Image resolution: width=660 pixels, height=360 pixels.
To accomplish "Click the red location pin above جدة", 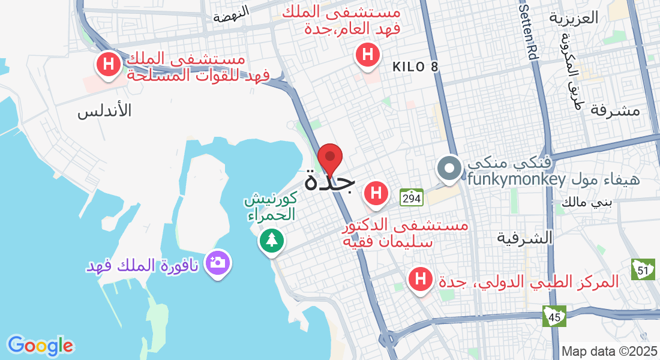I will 329,158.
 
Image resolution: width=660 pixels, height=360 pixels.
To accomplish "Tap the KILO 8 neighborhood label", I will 416,67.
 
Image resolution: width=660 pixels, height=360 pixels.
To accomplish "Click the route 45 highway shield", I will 554,316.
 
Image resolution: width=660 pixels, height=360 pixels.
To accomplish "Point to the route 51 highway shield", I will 643,270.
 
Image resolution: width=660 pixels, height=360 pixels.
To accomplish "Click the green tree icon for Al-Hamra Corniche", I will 272,240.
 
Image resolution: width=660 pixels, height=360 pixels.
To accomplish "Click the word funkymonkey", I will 517,179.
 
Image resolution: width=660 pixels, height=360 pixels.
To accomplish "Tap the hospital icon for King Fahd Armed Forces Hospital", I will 109,65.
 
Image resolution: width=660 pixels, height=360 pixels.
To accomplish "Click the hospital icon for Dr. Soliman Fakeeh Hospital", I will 376,194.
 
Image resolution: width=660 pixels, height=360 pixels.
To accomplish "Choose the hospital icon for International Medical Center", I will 421,279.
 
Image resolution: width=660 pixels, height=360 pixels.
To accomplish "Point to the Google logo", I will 40,345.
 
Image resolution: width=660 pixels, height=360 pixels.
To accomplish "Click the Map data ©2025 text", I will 610,351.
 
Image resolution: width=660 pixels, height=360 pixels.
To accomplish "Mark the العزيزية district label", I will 574,17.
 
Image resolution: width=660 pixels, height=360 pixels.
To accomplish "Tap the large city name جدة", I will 329,181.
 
